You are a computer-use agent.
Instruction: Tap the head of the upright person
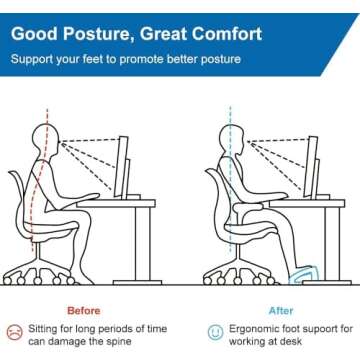(224, 135)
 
